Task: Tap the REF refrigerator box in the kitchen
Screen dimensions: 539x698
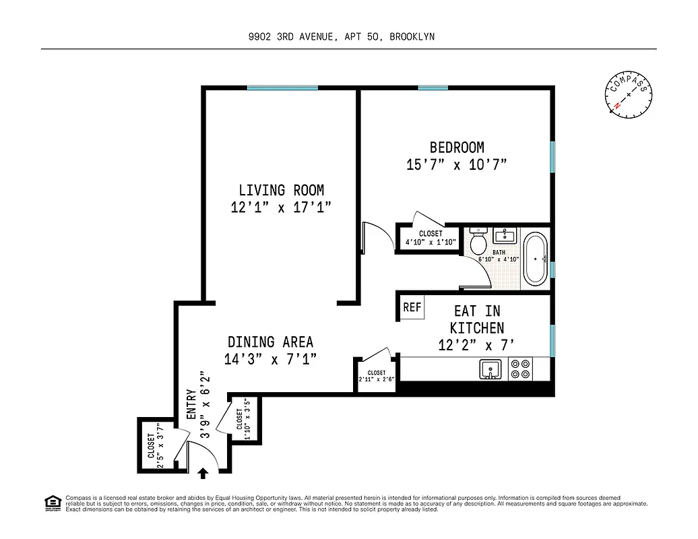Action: (412, 308)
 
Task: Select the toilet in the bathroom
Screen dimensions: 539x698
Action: (478, 241)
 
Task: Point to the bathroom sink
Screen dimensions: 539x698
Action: (504, 236)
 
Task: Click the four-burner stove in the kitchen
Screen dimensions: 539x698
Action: (519, 369)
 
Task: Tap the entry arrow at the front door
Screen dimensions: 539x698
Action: (203, 474)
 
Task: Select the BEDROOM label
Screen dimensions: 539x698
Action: (457, 148)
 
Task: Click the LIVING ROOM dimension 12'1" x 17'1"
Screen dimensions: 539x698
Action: (281, 207)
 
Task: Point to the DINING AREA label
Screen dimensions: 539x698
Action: (270, 342)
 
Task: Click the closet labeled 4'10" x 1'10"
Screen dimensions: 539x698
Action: (431, 238)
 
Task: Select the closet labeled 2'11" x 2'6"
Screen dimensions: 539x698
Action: (377, 375)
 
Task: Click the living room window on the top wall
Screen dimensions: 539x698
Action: (282, 88)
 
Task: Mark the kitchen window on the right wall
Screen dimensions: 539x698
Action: (552, 340)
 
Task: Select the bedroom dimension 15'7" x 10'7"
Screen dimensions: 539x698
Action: (456, 164)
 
